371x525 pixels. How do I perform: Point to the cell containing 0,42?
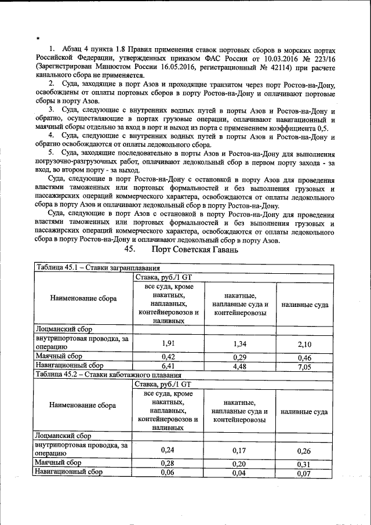[168, 356]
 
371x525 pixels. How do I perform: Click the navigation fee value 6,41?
[168, 366]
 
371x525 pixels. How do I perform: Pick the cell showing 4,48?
[241, 366]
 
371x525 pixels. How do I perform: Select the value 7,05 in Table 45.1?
[304, 367]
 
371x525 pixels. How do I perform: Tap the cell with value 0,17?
[241, 450]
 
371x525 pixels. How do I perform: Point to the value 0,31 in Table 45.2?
[304, 464]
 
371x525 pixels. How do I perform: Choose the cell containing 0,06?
[168, 473]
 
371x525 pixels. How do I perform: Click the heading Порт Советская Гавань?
[194, 249]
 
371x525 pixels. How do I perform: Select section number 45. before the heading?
[129, 249]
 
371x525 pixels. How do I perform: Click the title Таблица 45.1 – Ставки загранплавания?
[98, 267]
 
